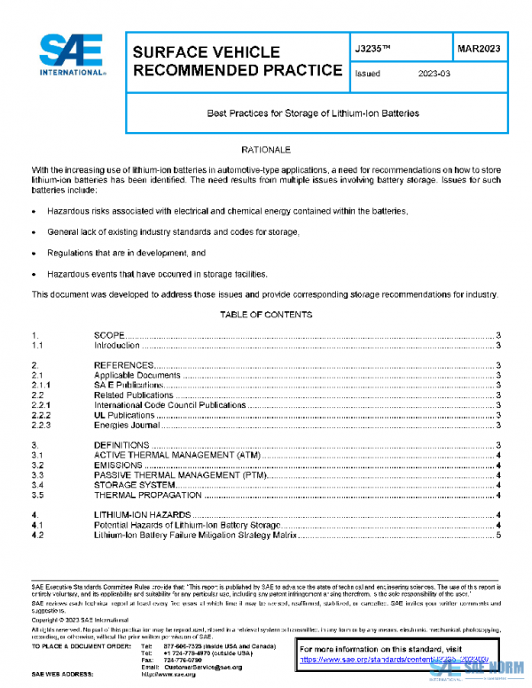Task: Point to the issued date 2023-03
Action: point(434,74)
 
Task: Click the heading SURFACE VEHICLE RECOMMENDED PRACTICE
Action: point(236,61)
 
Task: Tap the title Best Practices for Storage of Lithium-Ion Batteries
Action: point(312,113)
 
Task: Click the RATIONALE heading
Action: point(266,151)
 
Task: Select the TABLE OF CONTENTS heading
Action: point(265,315)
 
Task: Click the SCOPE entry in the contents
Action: point(110,336)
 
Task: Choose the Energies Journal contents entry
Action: point(126,425)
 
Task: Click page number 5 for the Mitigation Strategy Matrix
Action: point(499,535)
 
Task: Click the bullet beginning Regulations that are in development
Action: point(120,253)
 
